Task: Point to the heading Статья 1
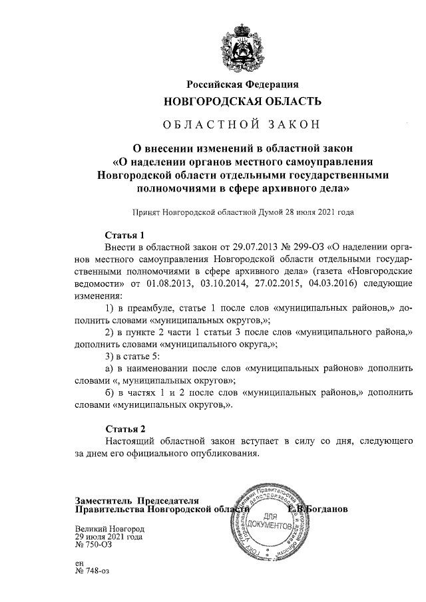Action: [125, 235]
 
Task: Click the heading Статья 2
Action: [125, 428]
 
